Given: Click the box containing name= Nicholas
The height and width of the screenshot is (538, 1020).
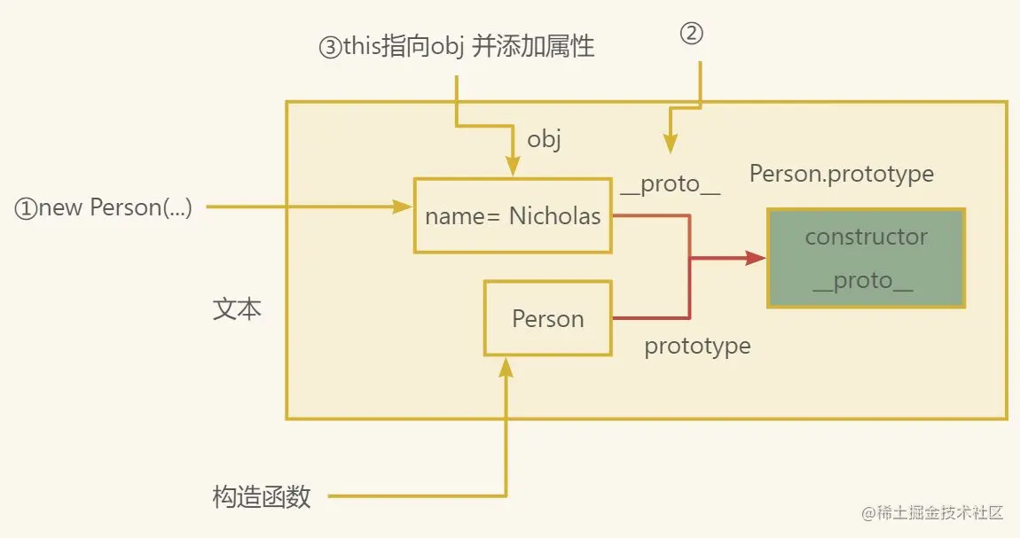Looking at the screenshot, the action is [x=513, y=215].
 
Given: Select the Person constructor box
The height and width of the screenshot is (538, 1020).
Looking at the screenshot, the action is [x=548, y=319].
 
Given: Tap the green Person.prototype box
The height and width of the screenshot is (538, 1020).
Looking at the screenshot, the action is [x=865, y=259].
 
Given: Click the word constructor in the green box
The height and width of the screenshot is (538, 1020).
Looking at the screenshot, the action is [x=866, y=237].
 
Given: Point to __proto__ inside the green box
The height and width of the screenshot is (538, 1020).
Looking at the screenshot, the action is [x=863, y=281].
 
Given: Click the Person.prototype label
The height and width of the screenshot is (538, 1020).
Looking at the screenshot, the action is [x=841, y=174].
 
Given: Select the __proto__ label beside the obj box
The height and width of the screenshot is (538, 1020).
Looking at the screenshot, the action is [x=670, y=184].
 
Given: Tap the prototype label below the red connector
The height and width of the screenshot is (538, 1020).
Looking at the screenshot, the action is [x=697, y=346].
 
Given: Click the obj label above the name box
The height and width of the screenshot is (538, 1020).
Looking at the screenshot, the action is [x=544, y=139].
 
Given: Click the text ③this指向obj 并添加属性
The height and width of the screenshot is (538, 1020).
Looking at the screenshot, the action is [x=456, y=47].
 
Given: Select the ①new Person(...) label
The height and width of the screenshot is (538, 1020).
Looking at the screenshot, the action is [x=103, y=208].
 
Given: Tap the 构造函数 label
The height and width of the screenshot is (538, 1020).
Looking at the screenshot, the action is [x=262, y=497].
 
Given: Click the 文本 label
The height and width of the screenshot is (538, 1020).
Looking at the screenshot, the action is [x=237, y=309].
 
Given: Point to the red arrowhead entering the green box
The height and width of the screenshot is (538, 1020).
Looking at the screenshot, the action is [x=756, y=259].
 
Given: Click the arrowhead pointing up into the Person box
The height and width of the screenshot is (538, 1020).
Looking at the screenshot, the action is [x=506, y=366].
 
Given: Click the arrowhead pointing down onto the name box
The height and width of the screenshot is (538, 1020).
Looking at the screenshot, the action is [x=513, y=167].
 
